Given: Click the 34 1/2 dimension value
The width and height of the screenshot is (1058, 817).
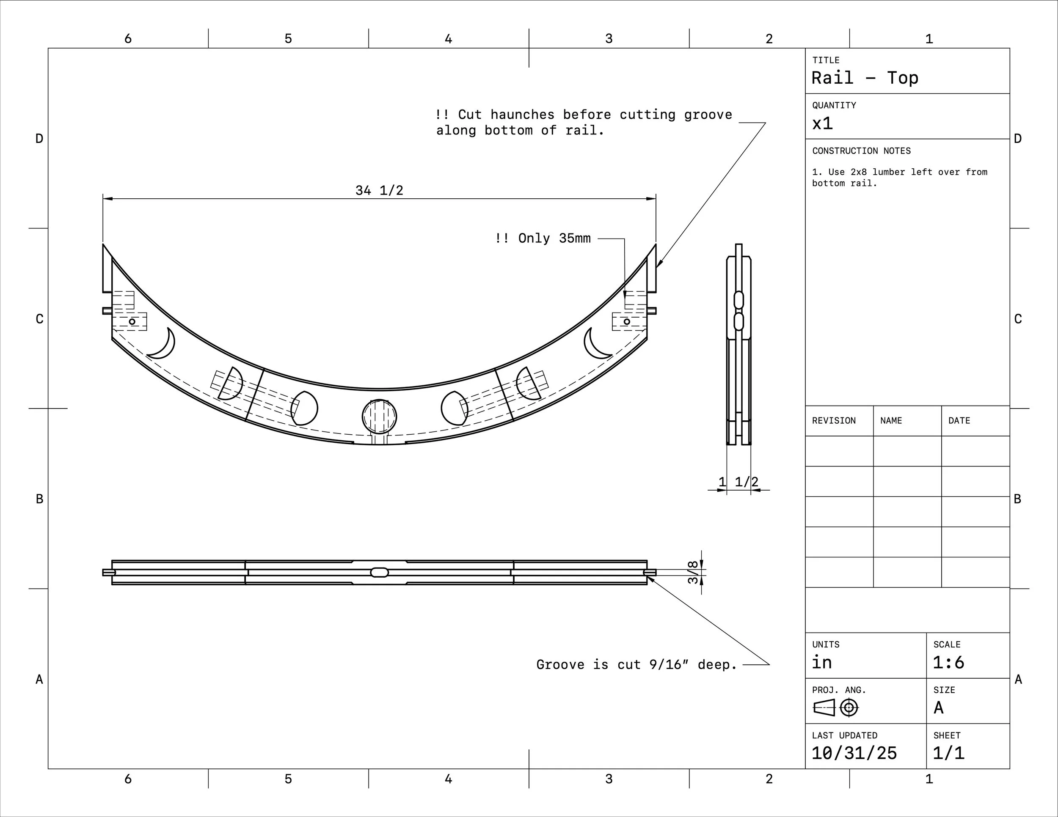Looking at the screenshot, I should click(x=379, y=190).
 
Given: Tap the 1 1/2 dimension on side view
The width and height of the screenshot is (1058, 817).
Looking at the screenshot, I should click(x=739, y=482).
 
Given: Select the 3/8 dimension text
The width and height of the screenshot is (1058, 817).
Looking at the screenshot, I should click(x=693, y=572).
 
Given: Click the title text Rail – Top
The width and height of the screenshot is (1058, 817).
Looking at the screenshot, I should click(x=865, y=78).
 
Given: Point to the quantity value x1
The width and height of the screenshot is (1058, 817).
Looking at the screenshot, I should click(x=823, y=123).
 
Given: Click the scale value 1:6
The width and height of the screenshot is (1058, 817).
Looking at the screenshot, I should click(x=948, y=662).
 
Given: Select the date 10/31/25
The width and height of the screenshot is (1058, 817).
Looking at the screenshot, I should click(x=854, y=753).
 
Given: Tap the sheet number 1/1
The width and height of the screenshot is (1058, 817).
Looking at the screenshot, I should click(x=948, y=753).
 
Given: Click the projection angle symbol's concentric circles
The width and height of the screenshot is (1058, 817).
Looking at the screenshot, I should click(x=849, y=708).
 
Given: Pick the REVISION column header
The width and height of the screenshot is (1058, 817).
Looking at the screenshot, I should click(x=834, y=421).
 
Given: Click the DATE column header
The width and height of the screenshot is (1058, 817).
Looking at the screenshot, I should click(x=959, y=421).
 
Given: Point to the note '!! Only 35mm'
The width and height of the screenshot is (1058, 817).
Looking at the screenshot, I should click(x=543, y=238).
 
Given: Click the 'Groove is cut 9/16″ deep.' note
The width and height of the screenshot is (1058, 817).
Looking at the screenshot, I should click(x=636, y=664).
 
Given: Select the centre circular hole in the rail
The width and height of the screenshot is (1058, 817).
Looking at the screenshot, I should click(x=379, y=416).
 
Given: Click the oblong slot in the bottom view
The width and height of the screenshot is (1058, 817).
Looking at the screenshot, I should click(x=379, y=573).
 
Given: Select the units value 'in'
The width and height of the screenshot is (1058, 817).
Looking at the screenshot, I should click(x=822, y=662).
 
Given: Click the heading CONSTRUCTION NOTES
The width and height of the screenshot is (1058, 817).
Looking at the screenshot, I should click(x=861, y=151).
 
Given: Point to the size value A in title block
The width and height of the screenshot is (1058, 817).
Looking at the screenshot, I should click(x=938, y=708).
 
